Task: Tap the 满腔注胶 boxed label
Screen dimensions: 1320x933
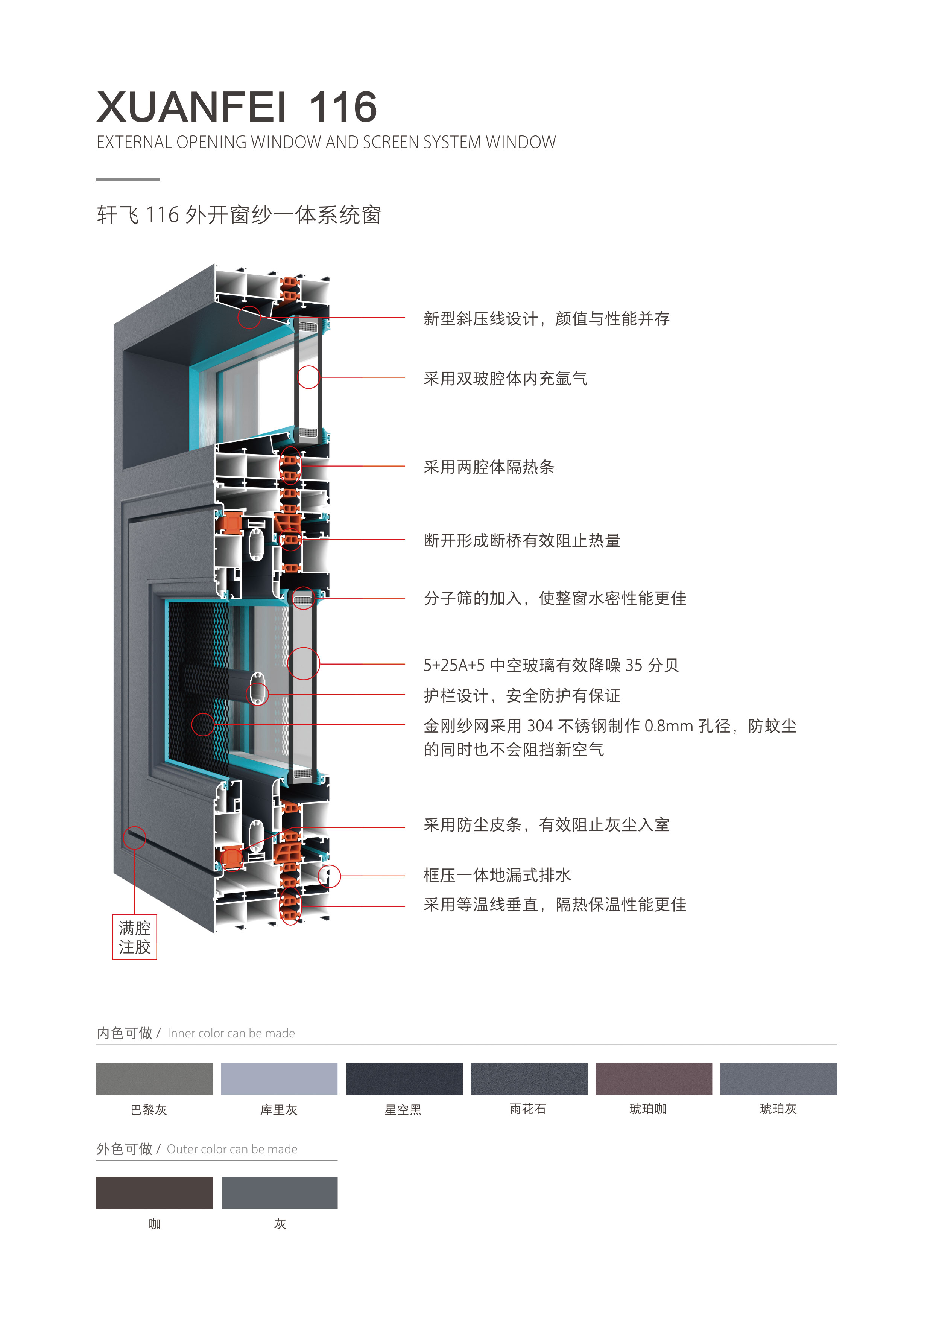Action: pyautogui.click(x=135, y=937)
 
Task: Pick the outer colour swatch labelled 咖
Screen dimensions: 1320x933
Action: pyautogui.click(x=154, y=1192)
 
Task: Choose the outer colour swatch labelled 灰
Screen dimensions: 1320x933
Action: pyautogui.click(x=280, y=1192)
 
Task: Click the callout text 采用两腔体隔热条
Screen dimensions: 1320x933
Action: pyautogui.click(x=489, y=467)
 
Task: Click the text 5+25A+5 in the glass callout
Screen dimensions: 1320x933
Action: pyautogui.click(x=454, y=665)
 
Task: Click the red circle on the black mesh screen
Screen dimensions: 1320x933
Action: pyautogui.click(x=203, y=724)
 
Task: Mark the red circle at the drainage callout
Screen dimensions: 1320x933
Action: pyautogui.click(x=330, y=876)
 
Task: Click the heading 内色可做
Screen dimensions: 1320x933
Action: pyautogui.click(x=124, y=1033)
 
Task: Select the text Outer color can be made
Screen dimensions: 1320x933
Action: pyautogui.click(x=232, y=1149)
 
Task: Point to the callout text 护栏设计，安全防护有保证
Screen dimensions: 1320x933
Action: pyautogui.click(x=522, y=696)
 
